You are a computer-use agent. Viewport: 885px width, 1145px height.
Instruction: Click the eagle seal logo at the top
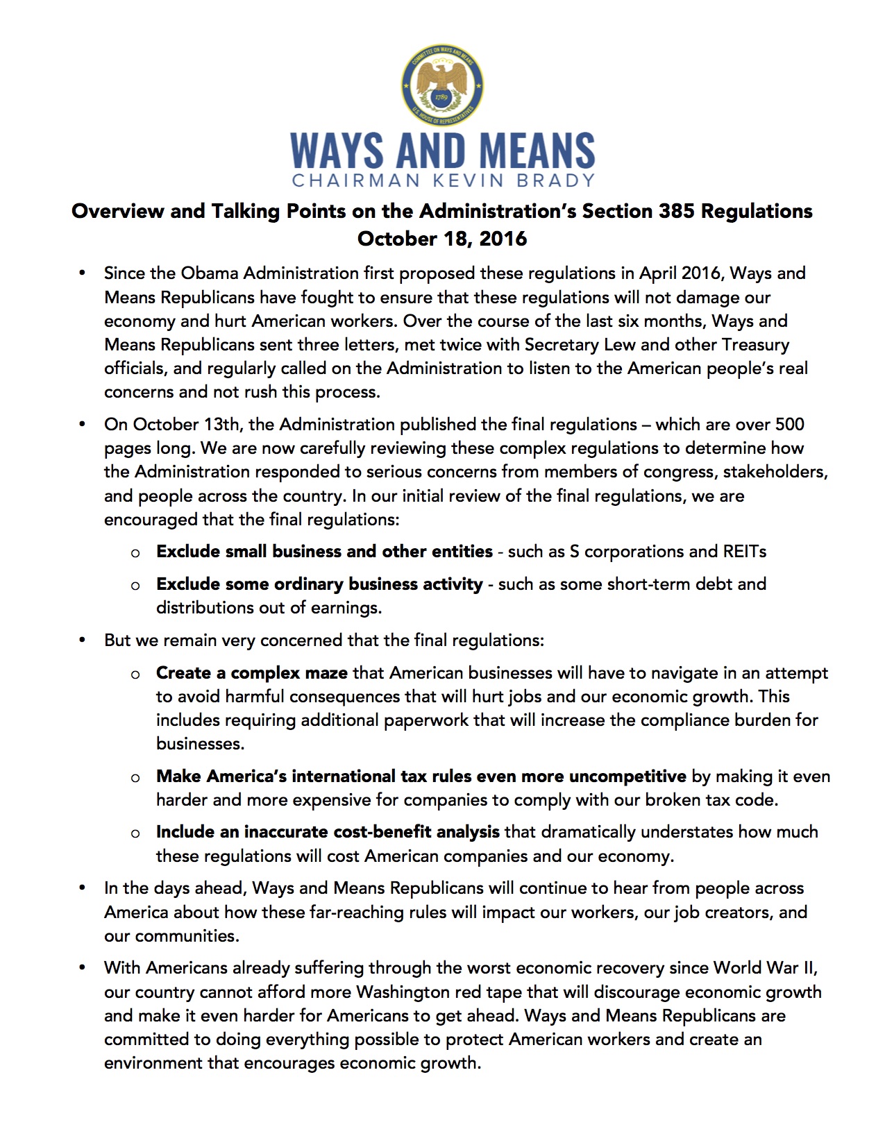[442, 85]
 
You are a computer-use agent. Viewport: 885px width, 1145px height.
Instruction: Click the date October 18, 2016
[442, 239]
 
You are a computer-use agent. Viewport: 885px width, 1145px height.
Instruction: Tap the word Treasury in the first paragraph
[755, 344]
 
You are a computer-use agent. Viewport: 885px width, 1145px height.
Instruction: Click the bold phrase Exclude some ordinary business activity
[319, 584]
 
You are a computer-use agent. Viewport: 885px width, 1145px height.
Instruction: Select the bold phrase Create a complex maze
[252, 672]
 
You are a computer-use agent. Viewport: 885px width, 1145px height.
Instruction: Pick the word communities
[186, 935]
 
